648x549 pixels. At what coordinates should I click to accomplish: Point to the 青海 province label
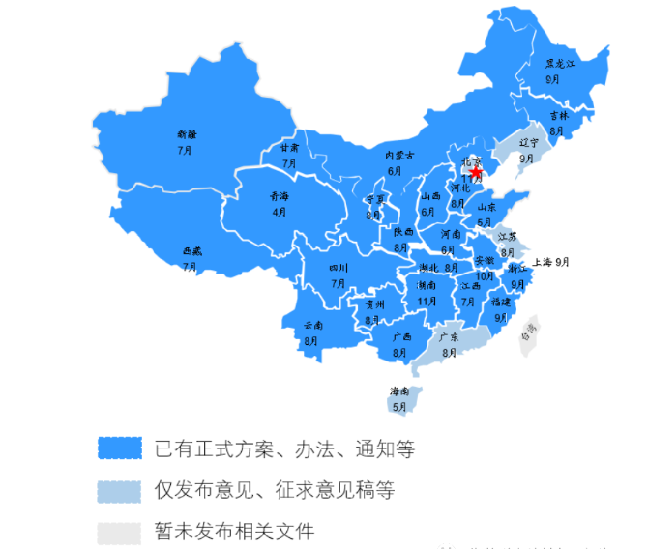tap(279, 196)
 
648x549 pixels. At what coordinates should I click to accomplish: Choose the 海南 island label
tap(399, 391)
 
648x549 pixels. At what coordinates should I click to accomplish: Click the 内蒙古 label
tap(398, 156)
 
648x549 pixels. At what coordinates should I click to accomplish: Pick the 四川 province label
tap(338, 268)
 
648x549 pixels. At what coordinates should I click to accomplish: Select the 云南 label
tap(312, 326)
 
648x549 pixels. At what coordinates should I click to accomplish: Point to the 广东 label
tap(449, 338)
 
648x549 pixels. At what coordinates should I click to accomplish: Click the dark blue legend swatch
tap(120, 448)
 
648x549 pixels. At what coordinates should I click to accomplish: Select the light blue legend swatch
tap(120, 490)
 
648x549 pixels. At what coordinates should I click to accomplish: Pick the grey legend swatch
tap(120, 532)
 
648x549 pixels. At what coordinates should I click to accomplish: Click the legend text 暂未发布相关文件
tap(233, 532)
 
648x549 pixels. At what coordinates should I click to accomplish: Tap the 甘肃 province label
tap(289, 149)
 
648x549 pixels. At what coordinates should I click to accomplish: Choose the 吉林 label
tap(559, 115)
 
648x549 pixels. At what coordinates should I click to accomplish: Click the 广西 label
tap(401, 337)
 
